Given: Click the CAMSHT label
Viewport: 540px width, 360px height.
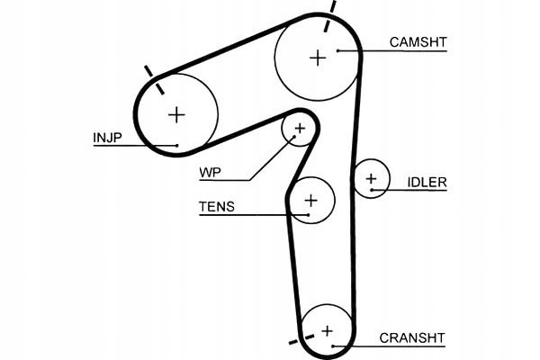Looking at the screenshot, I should [418, 41].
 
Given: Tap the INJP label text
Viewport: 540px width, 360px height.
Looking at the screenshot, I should [106, 138].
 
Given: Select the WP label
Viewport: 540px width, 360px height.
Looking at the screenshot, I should [211, 170].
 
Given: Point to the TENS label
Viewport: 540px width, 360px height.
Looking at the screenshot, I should [216, 207].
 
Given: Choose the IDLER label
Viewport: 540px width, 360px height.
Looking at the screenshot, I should [427, 183].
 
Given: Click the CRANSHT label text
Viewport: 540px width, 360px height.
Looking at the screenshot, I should [412, 338].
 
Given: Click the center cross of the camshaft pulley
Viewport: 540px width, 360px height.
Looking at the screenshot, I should [317, 58].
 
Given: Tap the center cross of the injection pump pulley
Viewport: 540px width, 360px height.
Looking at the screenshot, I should [176, 113].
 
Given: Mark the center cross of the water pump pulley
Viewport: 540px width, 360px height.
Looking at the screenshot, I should [300, 130].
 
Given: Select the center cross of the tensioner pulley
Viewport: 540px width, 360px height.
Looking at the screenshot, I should [310, 200].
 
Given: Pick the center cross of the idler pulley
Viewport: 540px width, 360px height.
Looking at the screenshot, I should [370, 180].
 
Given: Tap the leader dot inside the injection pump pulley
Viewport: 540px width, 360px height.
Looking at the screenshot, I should [178, 145].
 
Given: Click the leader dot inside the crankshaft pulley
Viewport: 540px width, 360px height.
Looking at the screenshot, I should [333, 346].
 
